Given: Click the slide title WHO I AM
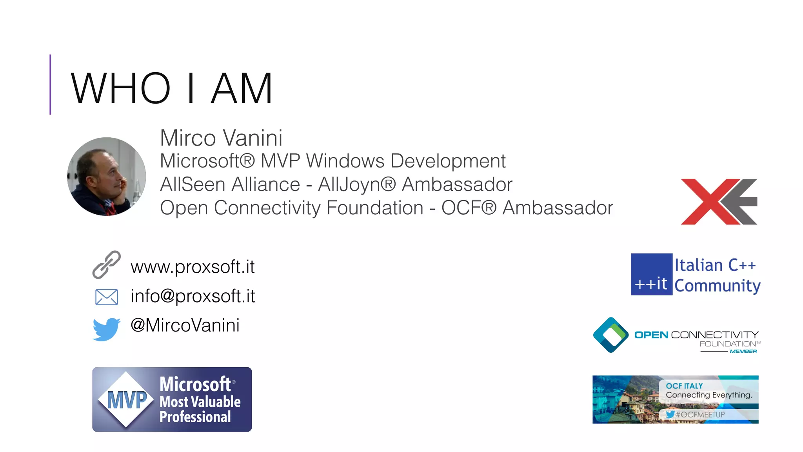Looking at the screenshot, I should click(x=171, y=89).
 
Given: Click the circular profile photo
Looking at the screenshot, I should click(x=106, y=176).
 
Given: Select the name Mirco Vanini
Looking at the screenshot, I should click(x=221, y=138).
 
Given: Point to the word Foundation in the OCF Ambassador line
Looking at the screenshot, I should click(x=374, y=208).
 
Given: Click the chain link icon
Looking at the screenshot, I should click(x=106, y=265).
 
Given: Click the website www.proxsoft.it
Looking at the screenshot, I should click(x=193, y=267).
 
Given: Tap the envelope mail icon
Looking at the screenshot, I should click(x=106, y=297).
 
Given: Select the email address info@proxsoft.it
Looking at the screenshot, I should click(x=193, y=296).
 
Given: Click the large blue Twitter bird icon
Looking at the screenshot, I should click(x=106, y=329).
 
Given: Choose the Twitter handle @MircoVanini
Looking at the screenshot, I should click(x=185, y=325).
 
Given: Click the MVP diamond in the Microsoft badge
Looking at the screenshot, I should click(x=126, y=399).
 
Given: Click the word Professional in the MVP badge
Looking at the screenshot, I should click(x=195, y=417).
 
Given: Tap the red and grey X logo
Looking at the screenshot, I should click(x=719, y=202).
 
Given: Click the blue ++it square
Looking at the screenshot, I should click(x=651, y=274).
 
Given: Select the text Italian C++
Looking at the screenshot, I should click(x=715, y=265).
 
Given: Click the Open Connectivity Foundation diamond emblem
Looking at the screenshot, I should click(x=610, y=335).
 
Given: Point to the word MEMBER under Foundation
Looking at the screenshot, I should click(x=743, y=351).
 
